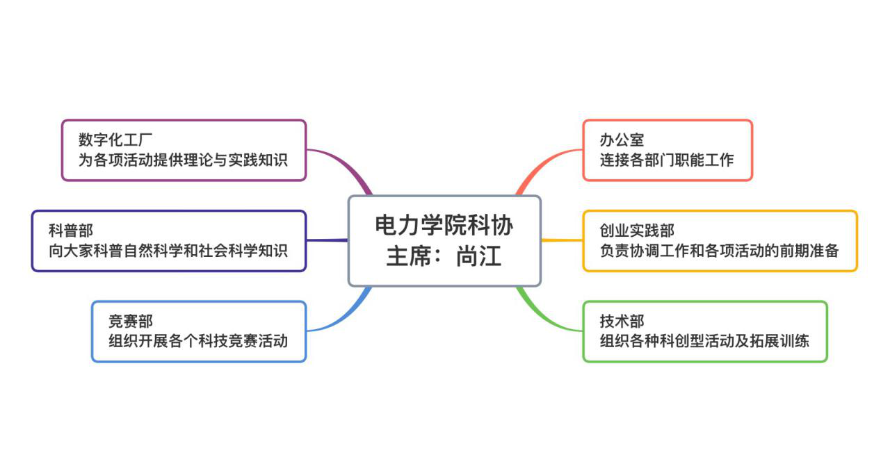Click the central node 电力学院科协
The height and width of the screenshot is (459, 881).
coord(444,226)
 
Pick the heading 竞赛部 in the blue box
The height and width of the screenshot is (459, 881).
coord(131,321)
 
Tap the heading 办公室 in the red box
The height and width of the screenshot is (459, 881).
coord(622,140)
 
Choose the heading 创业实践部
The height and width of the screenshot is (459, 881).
coord(637,231)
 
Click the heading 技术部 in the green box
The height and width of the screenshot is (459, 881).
coord(622,321)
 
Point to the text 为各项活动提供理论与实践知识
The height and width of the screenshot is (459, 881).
coord(183,160)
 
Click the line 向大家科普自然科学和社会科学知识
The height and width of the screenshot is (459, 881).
coord(168,250)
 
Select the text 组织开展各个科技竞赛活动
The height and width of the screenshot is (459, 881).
coord(198,341)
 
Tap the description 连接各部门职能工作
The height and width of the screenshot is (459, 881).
coord(667,160)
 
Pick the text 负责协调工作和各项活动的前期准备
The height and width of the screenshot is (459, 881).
coord(719,250)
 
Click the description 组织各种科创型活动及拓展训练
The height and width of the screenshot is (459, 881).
coord(704,341)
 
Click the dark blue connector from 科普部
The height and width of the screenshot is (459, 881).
coord(327,240)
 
